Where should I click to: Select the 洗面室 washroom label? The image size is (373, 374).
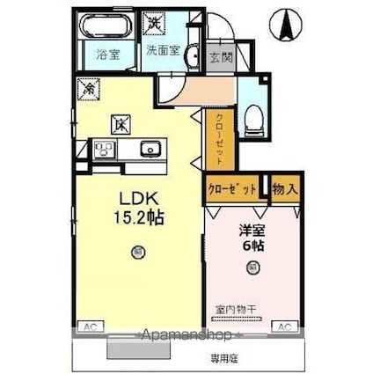point(164,51)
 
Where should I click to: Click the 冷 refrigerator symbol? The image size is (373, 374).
point(88,88)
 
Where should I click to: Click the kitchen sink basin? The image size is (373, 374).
point(150,150)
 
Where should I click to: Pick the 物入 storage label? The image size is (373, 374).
point(285,188)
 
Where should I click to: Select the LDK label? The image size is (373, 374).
point(132,196)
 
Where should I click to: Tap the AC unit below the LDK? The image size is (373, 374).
point(90,326)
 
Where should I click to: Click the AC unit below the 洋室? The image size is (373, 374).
point(283,326)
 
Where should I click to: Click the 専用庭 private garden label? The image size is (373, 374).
point(223,357)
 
